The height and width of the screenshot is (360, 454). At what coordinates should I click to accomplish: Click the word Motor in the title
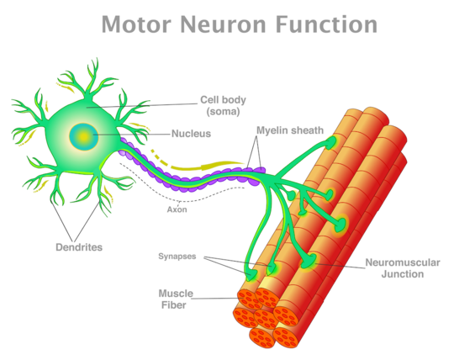[136, 24]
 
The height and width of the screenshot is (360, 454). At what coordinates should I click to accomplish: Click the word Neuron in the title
[223, 24]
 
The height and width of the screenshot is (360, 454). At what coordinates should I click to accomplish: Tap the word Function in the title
[326, 24]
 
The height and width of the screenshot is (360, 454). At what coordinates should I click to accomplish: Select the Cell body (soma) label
[223, 106]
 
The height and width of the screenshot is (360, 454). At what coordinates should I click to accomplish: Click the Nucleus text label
[191, 134]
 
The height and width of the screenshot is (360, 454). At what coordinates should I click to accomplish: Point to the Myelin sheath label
[290, 130]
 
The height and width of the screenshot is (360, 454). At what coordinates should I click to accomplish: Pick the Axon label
[177, 209]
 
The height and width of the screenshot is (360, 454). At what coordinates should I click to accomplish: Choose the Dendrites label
[79, 247]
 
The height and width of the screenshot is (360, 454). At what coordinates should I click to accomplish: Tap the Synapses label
[177, 257]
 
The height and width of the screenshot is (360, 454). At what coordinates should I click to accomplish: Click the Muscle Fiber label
[176, 299]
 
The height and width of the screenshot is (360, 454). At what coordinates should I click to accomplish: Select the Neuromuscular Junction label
[403, 268]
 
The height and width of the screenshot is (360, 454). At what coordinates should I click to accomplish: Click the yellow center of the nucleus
[84, 137]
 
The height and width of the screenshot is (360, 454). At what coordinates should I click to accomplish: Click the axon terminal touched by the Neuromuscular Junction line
[309, 261]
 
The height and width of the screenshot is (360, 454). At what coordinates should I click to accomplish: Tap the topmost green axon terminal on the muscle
[330, 142]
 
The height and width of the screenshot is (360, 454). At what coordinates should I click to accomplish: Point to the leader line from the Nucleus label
[132, 135]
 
